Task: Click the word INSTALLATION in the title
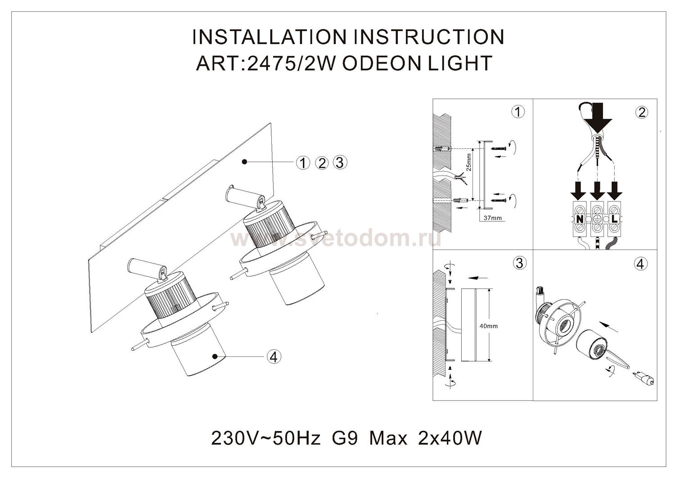[270, 37]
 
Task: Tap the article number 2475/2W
[291, 64]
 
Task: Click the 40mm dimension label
[489, 326]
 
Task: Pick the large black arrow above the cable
[598, 118]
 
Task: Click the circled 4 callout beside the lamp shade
[274, 357]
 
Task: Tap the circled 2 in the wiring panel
[642, 113]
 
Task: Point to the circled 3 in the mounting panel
[519, 264]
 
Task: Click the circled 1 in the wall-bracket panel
[518, 112]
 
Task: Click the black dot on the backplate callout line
[245, 162]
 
